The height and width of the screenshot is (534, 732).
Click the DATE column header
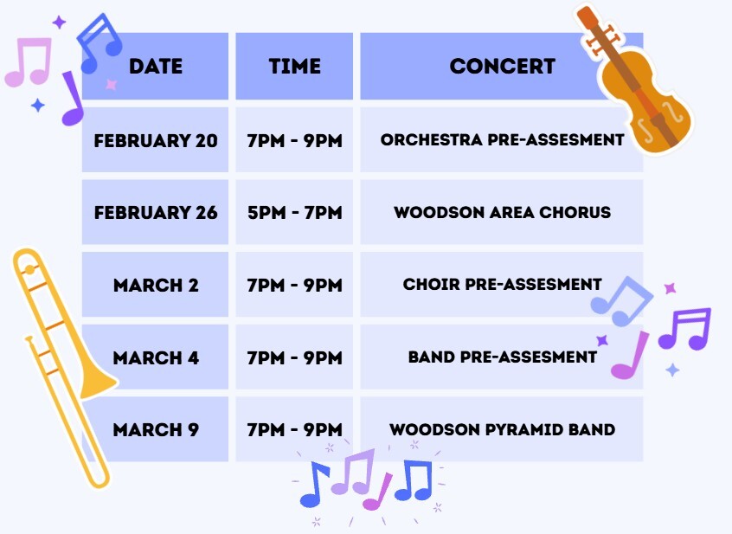[x=156, y=66]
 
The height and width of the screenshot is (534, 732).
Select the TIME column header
[x=294, y=66]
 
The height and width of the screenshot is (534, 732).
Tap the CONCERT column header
[x=502, y=66]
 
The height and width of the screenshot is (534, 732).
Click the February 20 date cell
[x=156, y=139]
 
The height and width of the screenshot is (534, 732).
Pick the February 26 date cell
[x=156, y=212]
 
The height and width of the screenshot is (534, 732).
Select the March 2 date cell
[x=156, y=285]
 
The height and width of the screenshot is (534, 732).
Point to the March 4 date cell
[x=156, y=357]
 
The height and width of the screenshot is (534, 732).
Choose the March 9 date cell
[x=156, y=429]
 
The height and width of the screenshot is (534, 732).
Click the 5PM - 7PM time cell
[x=294, y=212]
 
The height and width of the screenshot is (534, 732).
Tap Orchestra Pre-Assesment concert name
[x=502, y=139]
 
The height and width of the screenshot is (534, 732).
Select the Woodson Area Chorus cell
[x=502, y=212]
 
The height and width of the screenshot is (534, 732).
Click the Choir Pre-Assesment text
[x=502, y=285]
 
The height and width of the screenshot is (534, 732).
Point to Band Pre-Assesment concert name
[x=502, y=357]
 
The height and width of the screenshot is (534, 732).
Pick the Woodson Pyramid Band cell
[x=502, y=429]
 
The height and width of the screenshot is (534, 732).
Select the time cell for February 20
[x=294, y=139]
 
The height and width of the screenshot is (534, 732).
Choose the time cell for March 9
[x=294, y=429]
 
